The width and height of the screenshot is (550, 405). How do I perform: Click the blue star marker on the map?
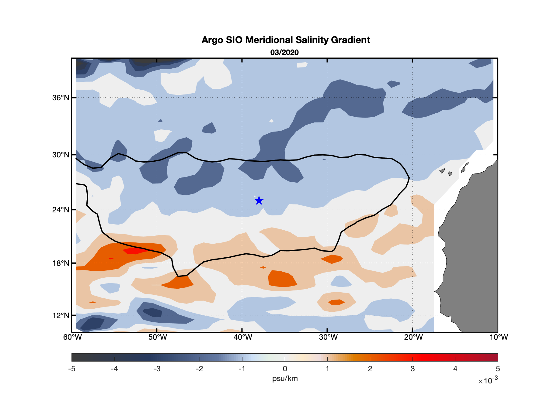click(259, 201)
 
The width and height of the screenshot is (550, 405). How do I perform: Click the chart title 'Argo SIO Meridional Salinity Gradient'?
click(286, 40)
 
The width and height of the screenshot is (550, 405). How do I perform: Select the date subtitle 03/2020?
click(284, 53)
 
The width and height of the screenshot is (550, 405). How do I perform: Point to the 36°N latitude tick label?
click(61, 98)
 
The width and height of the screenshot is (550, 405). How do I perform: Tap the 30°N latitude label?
click(61, 155)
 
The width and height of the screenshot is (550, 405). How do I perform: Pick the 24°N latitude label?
click(61, 210)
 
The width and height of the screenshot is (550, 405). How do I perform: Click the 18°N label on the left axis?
click(61, 263)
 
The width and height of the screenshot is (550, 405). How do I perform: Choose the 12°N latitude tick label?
click(61, 315)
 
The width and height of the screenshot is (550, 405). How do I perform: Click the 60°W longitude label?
click(72, 337)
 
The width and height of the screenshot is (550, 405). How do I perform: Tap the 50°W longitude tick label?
click(158, 337)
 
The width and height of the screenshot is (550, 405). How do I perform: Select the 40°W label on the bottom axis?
click(243, 337)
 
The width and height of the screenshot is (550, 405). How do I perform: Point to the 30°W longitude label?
click(328, 337)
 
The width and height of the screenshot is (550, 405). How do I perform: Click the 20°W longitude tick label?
click(413, 337)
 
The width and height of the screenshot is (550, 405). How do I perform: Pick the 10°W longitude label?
click(499, 337)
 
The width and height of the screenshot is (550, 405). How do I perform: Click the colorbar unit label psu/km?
click(285, 379)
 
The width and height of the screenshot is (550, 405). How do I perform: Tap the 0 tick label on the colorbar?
click(285, 369)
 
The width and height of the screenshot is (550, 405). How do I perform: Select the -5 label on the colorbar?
click(71, 369)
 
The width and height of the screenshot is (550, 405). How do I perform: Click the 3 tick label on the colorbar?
click(412, 369)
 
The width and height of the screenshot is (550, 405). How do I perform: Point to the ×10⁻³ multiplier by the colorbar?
click(488, 381)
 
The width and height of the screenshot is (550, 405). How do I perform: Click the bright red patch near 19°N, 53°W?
click(135, 251)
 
